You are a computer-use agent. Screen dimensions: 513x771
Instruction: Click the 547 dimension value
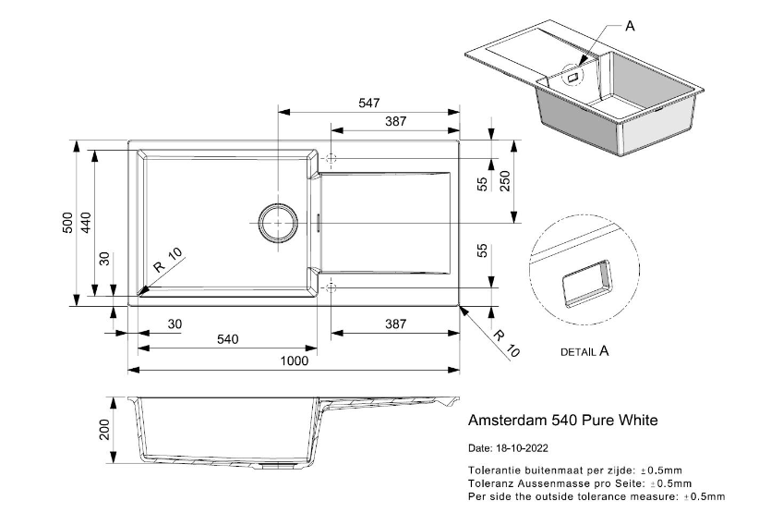click(369, 104)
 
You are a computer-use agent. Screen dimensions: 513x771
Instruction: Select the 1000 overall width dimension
click(295, 361)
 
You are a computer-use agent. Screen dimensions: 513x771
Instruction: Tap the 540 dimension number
click(227, 339)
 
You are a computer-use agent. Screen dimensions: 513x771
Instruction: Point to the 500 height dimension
click(67, 223)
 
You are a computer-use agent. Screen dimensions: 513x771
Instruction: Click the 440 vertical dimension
click(86, 223)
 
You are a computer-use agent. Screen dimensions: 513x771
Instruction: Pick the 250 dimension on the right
click(505, 181)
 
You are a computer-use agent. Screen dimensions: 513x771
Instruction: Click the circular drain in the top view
click(277, 223)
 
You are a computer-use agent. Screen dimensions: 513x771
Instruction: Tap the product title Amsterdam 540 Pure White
click(563, 420)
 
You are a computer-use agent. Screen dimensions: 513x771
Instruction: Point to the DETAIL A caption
click(584, 351)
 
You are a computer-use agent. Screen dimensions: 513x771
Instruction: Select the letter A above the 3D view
click(630, 26)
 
